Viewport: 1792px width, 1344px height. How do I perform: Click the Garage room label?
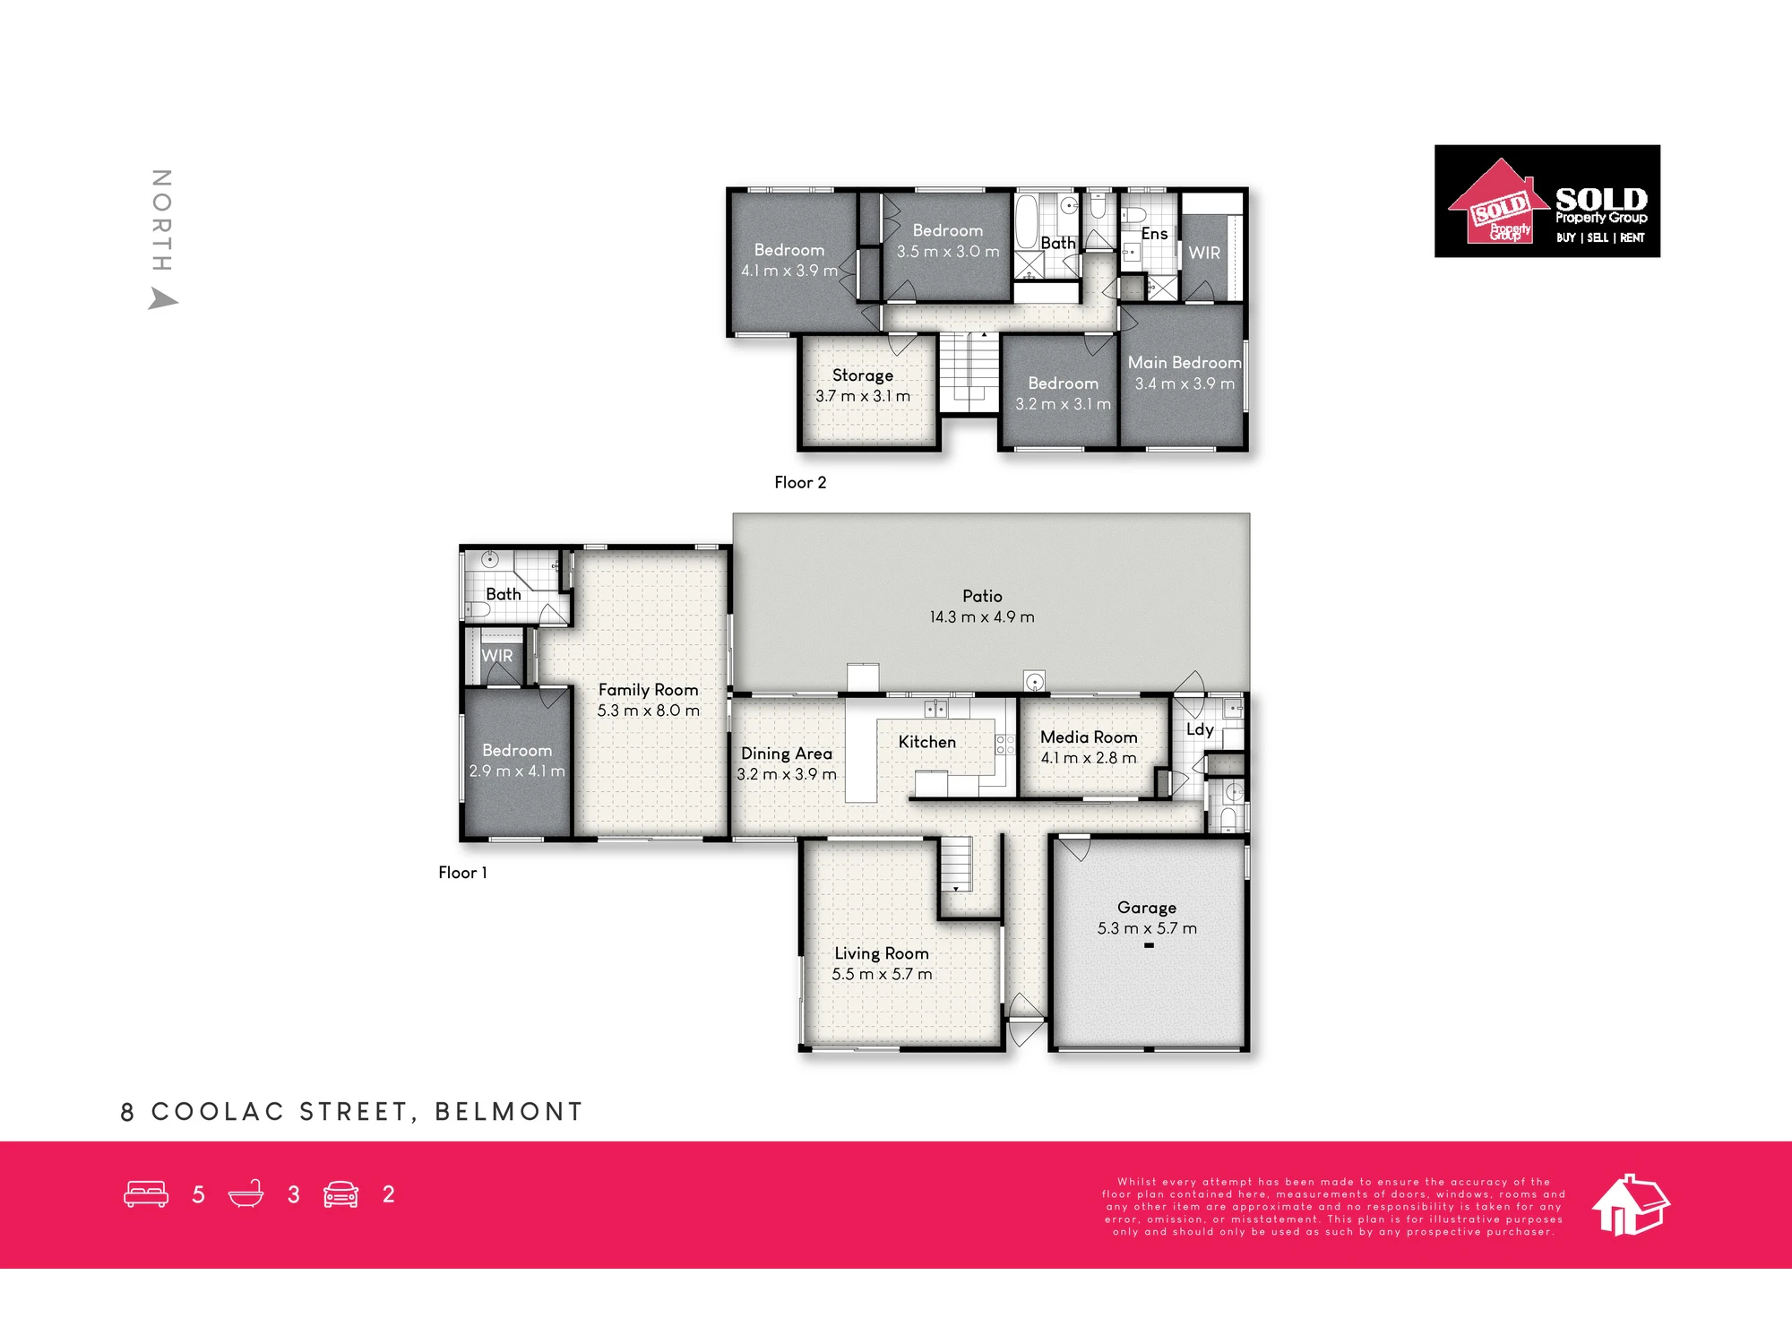tap(1147, 908)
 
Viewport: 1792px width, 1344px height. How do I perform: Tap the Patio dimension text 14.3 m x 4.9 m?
tap(982, 617)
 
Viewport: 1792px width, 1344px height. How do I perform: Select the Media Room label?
tap(1089, 737)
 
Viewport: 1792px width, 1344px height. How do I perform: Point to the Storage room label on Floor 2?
tap(863, 376)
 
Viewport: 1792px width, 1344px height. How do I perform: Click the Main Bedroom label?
tap(1185, 363)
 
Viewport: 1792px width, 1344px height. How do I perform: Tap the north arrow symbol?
tap(162, 299)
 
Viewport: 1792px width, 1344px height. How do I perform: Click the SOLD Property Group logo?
tap(1547, 202)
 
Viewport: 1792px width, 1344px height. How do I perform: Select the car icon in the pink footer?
tap(340, 1194)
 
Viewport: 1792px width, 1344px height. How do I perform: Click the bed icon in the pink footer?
tap(146, 1194)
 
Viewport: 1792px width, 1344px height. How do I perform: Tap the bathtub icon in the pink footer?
tap(246, 1194)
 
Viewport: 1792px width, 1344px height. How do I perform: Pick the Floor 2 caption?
tap(800, 483)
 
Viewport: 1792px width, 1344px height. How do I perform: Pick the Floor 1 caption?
tap(462, 873)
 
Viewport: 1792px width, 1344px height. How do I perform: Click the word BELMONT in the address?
tap(509, 1112)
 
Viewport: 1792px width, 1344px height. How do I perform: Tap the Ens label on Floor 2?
tap(1154, 234)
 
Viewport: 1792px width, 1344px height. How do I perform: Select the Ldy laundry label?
tap(1200, 730)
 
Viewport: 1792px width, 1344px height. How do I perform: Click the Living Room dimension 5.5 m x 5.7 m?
tap(882, 975)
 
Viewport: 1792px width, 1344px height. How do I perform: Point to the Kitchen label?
tap(927, 742)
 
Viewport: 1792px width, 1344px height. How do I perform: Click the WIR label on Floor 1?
tap(497, 656)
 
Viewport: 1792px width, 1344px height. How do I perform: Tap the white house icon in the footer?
tap(1631, 1204)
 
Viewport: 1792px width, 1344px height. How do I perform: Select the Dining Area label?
tap(787, 754)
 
